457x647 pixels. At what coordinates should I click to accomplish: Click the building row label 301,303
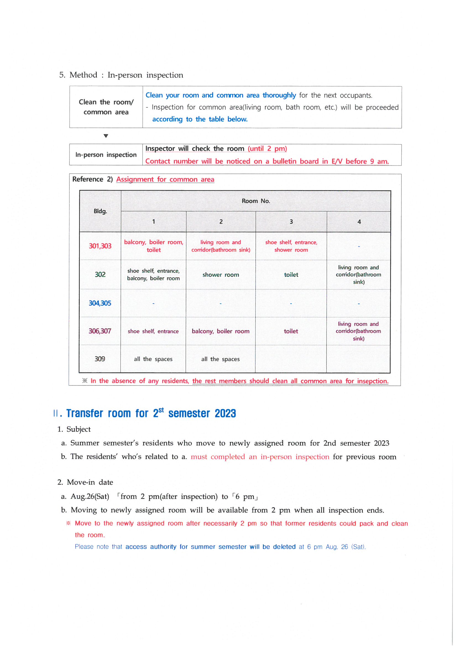click(100, 246)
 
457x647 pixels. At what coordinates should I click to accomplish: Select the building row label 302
click(100, 275)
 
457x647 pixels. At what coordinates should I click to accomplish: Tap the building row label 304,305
click(100, 303)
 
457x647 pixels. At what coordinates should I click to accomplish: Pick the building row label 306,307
click(100, 331)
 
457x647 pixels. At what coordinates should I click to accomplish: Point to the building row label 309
click(100, 359)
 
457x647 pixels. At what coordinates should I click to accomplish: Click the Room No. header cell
click(256, 201)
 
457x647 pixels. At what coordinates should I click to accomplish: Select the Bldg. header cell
click(100, 211)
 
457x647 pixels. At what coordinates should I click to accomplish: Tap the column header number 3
click(291, 222)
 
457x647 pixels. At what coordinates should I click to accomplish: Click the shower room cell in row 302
click(220, 275)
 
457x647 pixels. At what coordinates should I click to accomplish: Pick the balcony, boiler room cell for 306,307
click(220, 332)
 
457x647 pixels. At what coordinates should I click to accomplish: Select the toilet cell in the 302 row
click(291, 275)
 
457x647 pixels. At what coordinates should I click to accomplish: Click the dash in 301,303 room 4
click(359, 247)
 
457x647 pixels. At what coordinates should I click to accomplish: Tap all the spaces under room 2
click(220, 359)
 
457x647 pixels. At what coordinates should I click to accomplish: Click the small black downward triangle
click(106, 136)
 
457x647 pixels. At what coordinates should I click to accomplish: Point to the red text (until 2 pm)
click(267, 149)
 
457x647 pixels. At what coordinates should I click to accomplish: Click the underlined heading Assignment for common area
click(165, 180)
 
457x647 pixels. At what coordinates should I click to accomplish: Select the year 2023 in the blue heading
click(225, 413)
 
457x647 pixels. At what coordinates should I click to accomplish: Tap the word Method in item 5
click(83, 75)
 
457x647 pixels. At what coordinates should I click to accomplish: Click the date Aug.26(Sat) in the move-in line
click(90, 496)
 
